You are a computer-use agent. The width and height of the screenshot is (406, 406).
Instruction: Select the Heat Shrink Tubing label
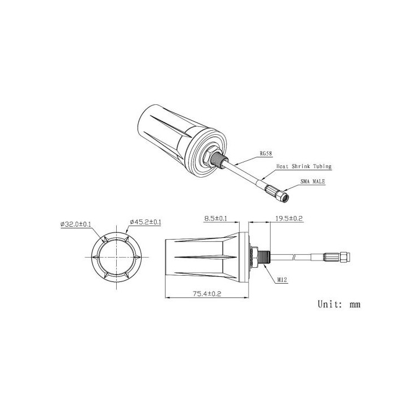303,166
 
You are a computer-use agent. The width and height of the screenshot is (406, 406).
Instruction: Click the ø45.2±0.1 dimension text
145,223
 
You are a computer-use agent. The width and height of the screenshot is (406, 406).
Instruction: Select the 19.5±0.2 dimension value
288,218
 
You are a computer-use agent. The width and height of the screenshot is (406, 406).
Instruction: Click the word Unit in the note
328,304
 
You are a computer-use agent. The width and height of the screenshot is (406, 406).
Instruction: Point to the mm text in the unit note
354,305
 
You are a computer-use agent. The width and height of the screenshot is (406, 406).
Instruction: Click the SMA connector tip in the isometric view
283,196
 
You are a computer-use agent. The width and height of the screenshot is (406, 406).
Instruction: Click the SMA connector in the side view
338,257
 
